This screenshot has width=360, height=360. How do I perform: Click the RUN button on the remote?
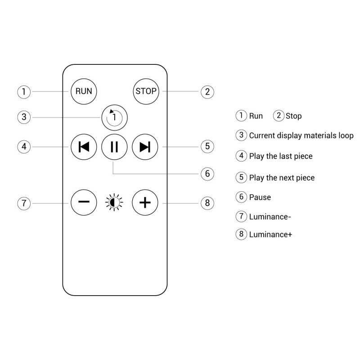coord(84,91)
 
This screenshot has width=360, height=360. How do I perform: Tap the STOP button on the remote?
coord(146,91)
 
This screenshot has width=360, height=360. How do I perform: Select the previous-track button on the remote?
coord(84,147)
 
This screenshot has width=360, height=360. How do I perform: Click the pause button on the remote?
coord(114,147)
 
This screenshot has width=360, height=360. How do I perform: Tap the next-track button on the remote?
coord(145,147)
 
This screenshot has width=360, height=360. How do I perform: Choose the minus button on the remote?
coord(84,202)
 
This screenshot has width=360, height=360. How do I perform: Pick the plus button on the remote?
coord(145,202)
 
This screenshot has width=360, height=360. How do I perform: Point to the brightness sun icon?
coord(114,202)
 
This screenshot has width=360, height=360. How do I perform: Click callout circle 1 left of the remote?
coord(24,92)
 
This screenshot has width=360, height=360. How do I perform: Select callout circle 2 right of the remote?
coord(207,92)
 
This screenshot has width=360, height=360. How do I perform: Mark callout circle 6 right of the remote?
coord(207,174)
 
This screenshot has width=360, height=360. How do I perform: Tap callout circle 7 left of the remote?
coord(24,202)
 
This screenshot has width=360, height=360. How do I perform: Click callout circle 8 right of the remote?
coord(207,202)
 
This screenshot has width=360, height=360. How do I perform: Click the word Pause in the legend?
coord(260,197)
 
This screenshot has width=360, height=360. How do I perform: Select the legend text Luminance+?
coord(270,234)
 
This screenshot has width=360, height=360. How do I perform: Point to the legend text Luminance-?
coord(270,216)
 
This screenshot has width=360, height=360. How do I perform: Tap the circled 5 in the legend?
coord(242,177)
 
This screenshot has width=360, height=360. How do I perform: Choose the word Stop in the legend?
coord(293,116)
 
